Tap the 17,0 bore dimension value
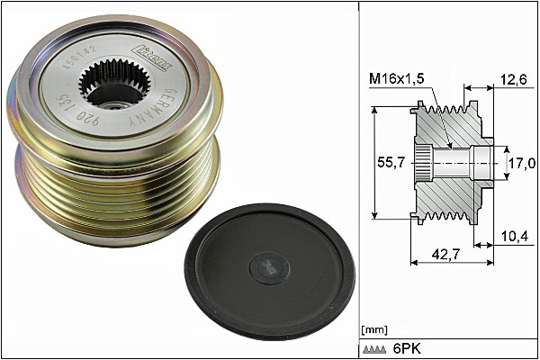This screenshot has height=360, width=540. [x=522, y=163]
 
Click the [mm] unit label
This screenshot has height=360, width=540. [x=374, y=329]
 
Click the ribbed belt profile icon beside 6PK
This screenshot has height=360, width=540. [x=376, y=349]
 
